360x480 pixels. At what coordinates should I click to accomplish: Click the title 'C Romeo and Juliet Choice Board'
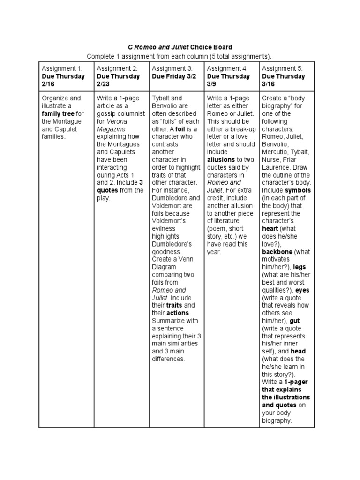(x=180, y=47)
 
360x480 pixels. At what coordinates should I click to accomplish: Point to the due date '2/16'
(x=49, y=84)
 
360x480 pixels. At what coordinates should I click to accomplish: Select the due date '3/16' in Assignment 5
(x=269, y=84)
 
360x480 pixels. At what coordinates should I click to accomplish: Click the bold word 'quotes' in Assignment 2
(x=108, y=190)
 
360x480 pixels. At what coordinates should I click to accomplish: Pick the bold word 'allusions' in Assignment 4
(x=221, y=159)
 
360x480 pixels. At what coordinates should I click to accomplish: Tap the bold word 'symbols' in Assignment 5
(x=298, y=190)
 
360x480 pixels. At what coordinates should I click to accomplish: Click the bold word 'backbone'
(x=277, y=252)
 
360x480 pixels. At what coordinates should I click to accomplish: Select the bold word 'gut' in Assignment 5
(x=295, y=321)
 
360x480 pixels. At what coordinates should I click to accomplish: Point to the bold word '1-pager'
(x=296, y=382)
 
